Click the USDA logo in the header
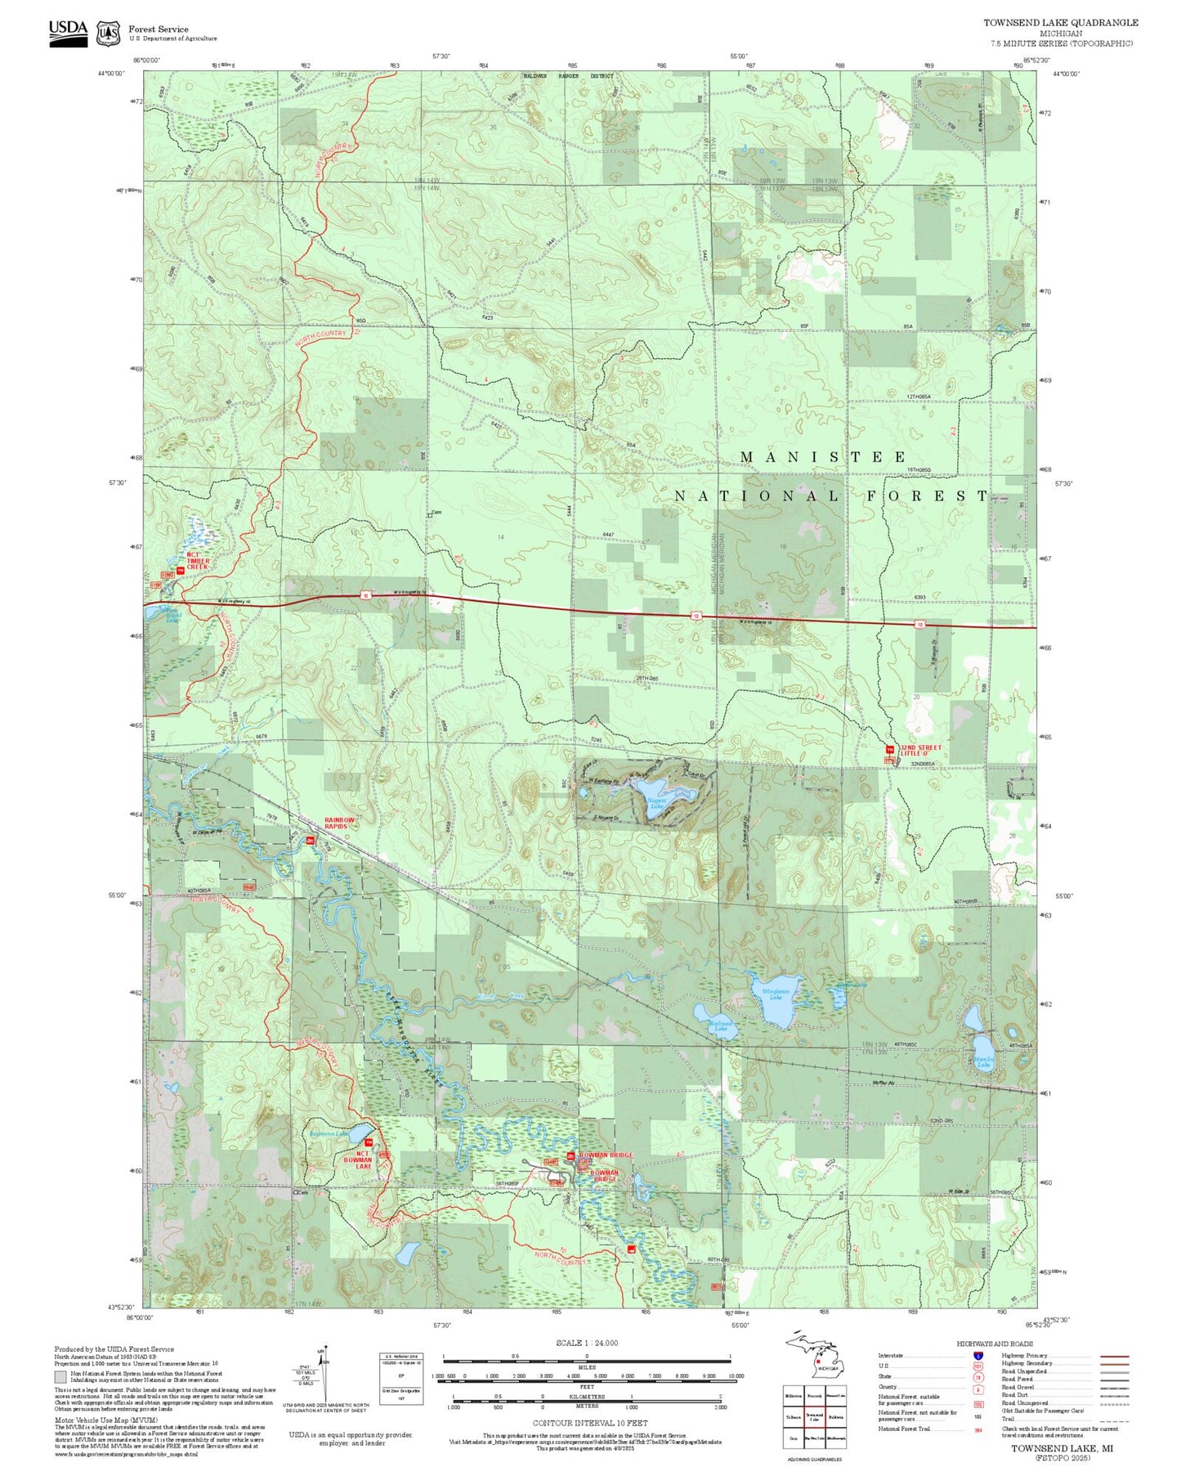coord(68,33)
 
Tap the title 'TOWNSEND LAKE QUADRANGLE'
coord(1060,23)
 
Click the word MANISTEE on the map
coord(823,457)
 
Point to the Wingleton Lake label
coord(775,994)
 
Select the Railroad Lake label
coord(720,1025)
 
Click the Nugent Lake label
coord(657,804)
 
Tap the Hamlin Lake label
coord(983,1062)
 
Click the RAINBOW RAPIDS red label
coord(339,823)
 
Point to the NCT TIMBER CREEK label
coord(198,560)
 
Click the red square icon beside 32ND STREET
coord(889,749)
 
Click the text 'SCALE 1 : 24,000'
coord(586,1343)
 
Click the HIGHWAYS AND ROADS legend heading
coord(995,1344)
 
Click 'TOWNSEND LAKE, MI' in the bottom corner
coord(1062,1447)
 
